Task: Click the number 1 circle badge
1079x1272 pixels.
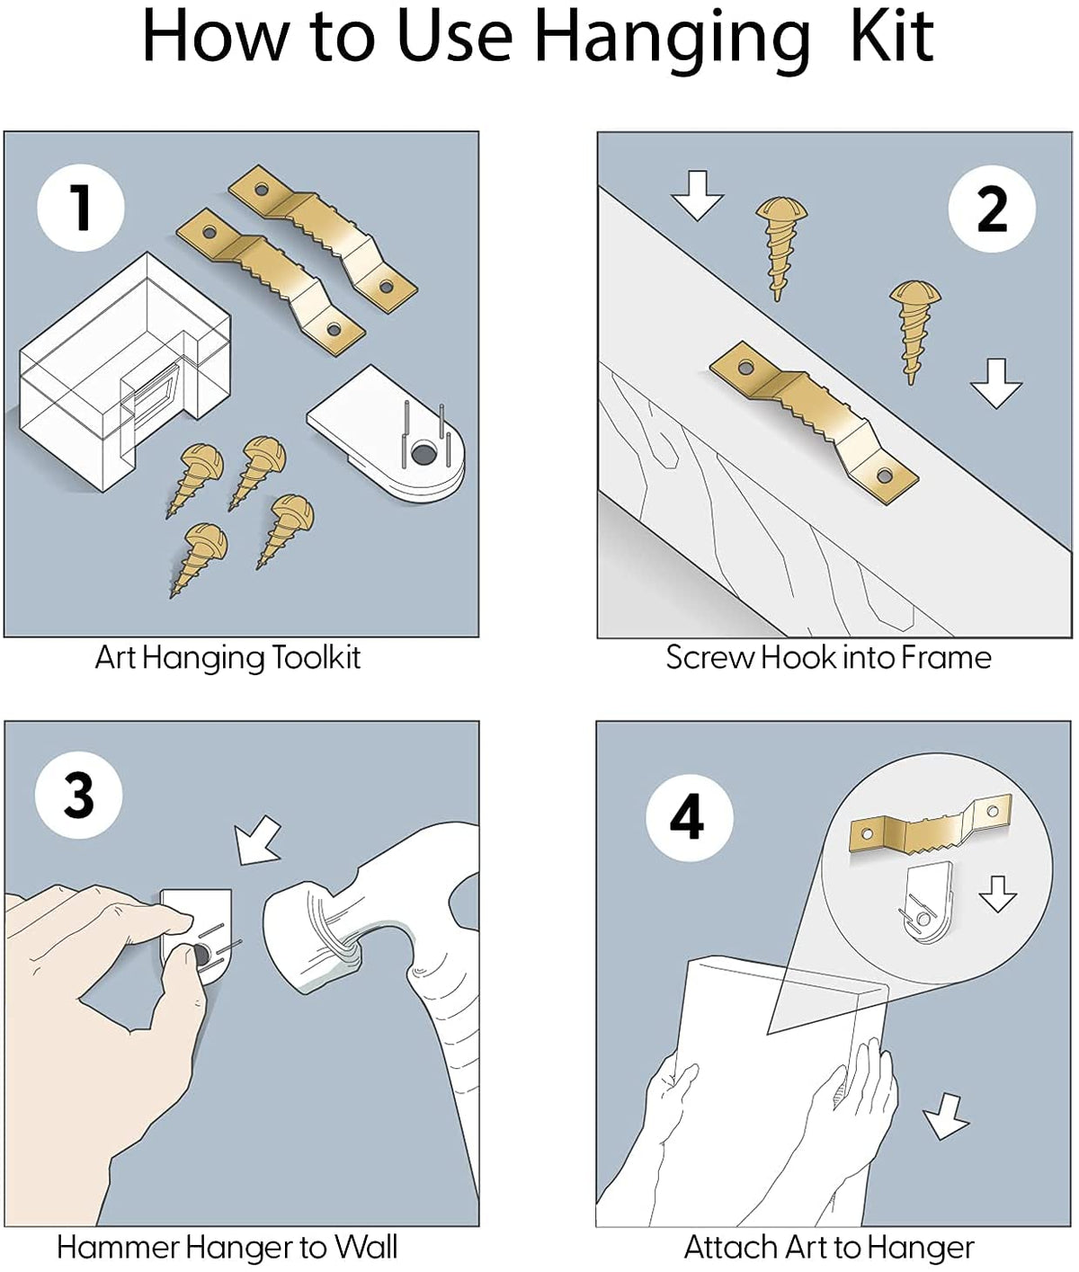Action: pos(81,207)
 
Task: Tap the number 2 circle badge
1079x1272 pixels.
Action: pos(992,209)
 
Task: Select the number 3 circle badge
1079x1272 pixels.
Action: pos(78,795)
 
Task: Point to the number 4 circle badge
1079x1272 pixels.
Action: pos(689,817)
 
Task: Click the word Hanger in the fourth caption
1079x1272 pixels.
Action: pos(925,1247)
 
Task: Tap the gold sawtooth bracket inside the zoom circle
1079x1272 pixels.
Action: pos(931,823)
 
